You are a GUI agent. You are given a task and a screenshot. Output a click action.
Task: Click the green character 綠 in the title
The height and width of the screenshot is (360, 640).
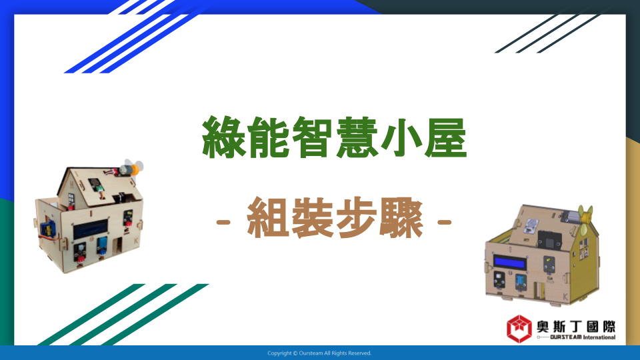pyautogui.click(x=224, y=137)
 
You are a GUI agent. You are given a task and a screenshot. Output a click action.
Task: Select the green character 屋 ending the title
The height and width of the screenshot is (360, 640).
pyautogui.click(x=445, y=137)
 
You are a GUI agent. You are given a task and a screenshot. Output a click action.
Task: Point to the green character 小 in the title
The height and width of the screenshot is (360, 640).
pyautogui.click(x=401, y=137)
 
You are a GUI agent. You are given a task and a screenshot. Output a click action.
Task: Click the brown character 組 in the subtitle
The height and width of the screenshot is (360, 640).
pyautogui.click(x=268, y=217)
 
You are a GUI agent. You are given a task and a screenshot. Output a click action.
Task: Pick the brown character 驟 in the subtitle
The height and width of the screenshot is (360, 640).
pyautogui.click(x=401, y=217)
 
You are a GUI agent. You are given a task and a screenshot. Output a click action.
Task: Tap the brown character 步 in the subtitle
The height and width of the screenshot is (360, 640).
pyautogui.click(x=357, y=217)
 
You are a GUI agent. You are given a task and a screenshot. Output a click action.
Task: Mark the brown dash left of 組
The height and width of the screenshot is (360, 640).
pyautogui.click(x=223, y=223)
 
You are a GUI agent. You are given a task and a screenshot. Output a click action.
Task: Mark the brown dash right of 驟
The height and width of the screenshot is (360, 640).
pyautogui.click(x=445, y=223)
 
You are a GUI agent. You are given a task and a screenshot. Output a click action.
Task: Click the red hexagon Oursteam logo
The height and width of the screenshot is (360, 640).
pyautogui.click(x=519, y=329)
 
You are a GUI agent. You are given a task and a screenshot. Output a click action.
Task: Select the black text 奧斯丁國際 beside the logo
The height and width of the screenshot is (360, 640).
pyautogui.click(x=576, y=327)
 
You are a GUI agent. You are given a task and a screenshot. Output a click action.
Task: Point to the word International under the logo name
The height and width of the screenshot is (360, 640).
pyautogui.click(x=599, y=337)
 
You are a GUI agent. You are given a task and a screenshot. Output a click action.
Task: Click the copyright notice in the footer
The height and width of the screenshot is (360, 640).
pyautogui.click(x=319, y=353)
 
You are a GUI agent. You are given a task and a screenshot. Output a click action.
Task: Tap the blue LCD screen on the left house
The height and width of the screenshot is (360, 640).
pyautogui.click(x=91, y=229)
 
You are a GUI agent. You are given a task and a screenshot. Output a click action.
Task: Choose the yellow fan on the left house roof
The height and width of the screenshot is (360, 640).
pyautogui.click(x=135, y=167)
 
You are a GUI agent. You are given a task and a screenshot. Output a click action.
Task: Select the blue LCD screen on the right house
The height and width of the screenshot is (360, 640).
pyautogui.click(x=509, y=262)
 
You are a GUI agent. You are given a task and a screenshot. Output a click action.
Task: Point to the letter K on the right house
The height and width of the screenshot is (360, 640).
pyautogui.click(x=565, y=297)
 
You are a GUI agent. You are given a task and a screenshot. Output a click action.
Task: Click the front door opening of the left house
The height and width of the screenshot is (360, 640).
pyautogui.click(x=118, y=244)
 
